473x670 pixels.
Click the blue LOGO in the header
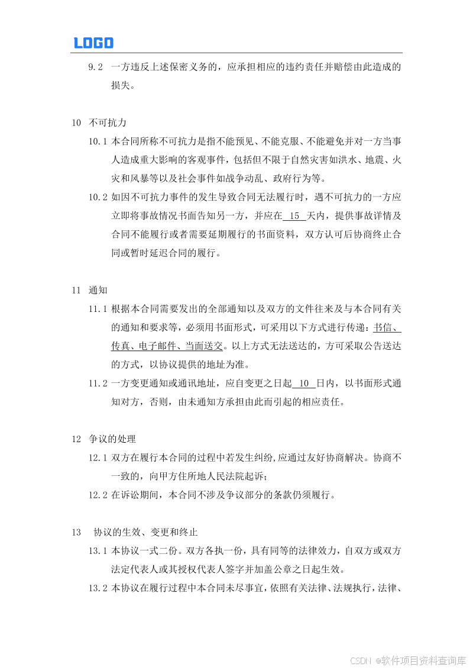click(x=93, y=43)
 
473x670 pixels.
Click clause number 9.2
click(x=96, y=67)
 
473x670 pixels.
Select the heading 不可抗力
click(x=108, y=123)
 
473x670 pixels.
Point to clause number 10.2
click(x=98, y=197)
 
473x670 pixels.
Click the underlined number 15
click(x=295, y=216)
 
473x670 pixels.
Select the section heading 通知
click(x=98, y=290)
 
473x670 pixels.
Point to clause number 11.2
click(x=98, y=384)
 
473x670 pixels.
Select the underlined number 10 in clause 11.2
click(x=304, y=384)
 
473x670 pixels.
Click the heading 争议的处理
click(x=112, y=439)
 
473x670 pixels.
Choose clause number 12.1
click(x=98, y=458)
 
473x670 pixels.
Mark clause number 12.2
click(x=98, y=495)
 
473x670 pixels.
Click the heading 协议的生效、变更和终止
click(x=145, y=532)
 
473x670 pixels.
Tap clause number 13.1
click(x=98, y=551)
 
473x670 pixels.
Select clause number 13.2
click(x=98, y=588)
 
